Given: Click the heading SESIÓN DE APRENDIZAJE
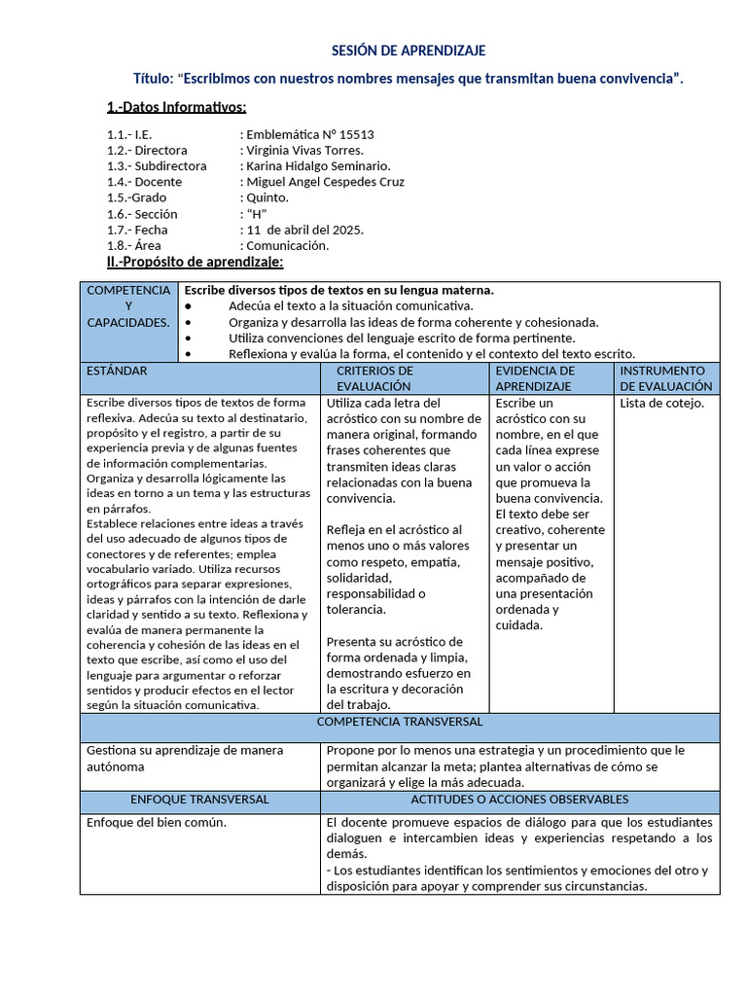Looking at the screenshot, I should coord(409,51).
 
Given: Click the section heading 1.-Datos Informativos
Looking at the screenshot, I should coord(176,107).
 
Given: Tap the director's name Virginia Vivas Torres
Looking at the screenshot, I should coord(305,151).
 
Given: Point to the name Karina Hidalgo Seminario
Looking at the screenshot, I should coord(318,166).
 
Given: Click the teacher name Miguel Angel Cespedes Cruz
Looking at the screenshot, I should coord(325,182).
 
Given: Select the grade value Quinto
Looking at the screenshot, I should coord(267,197).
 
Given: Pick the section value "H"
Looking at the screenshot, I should coord(256,214).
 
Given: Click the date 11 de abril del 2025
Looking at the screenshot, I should coord(304,230).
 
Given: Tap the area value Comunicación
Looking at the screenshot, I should coord(288,245).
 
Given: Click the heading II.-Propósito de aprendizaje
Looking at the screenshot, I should coord(195,262).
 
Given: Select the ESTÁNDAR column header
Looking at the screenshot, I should coord(117,371).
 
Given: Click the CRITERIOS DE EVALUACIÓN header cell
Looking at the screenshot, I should coord(374,378).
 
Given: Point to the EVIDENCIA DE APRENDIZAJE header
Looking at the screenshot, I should coord(535,378).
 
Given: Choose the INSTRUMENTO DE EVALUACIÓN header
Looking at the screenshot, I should coord(666,378).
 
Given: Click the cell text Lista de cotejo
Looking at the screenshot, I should coord(661,403).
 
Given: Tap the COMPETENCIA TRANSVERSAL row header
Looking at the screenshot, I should coord(400,722).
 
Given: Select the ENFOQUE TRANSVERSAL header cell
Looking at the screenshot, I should coord(199,800).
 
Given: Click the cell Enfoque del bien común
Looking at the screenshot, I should coord(156,823).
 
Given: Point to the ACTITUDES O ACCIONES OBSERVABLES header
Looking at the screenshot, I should coord(519,800).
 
